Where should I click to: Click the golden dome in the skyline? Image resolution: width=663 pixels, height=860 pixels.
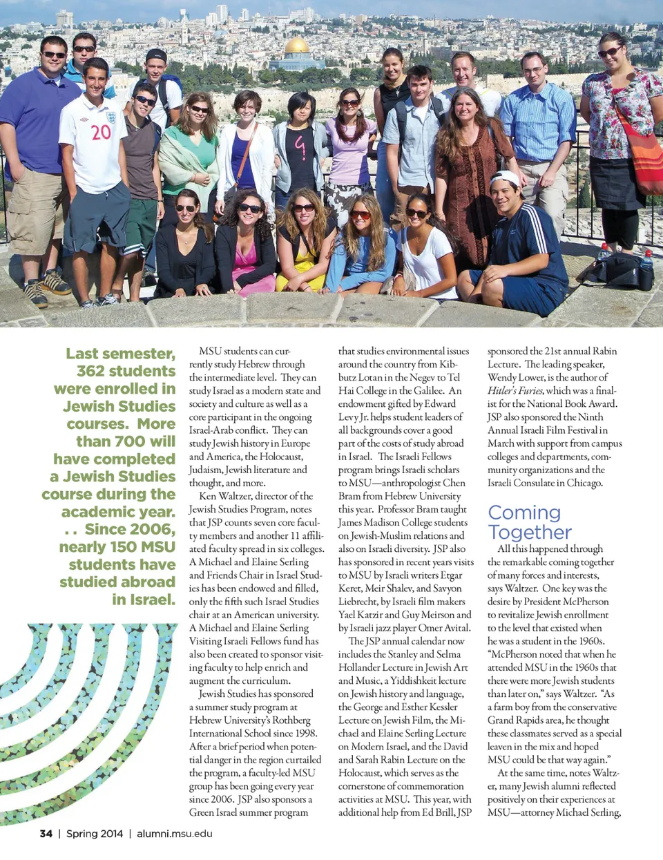(x=298, y=46)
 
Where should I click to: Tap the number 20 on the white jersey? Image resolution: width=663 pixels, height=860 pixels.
(x=101, y=132)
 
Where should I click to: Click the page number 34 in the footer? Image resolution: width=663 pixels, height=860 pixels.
(x=46, y=834)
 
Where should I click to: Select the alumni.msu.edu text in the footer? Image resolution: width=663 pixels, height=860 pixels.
(x=175, y=834)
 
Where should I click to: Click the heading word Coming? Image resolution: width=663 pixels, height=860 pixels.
(x=524, y=513)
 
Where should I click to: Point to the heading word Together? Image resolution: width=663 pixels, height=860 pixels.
(x=530, y=533)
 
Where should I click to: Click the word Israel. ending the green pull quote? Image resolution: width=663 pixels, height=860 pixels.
(x=144, y=600)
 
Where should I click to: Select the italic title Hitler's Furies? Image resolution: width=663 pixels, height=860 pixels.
(x=515, y=390)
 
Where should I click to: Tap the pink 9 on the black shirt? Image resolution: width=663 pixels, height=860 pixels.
(x=300, y=146)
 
